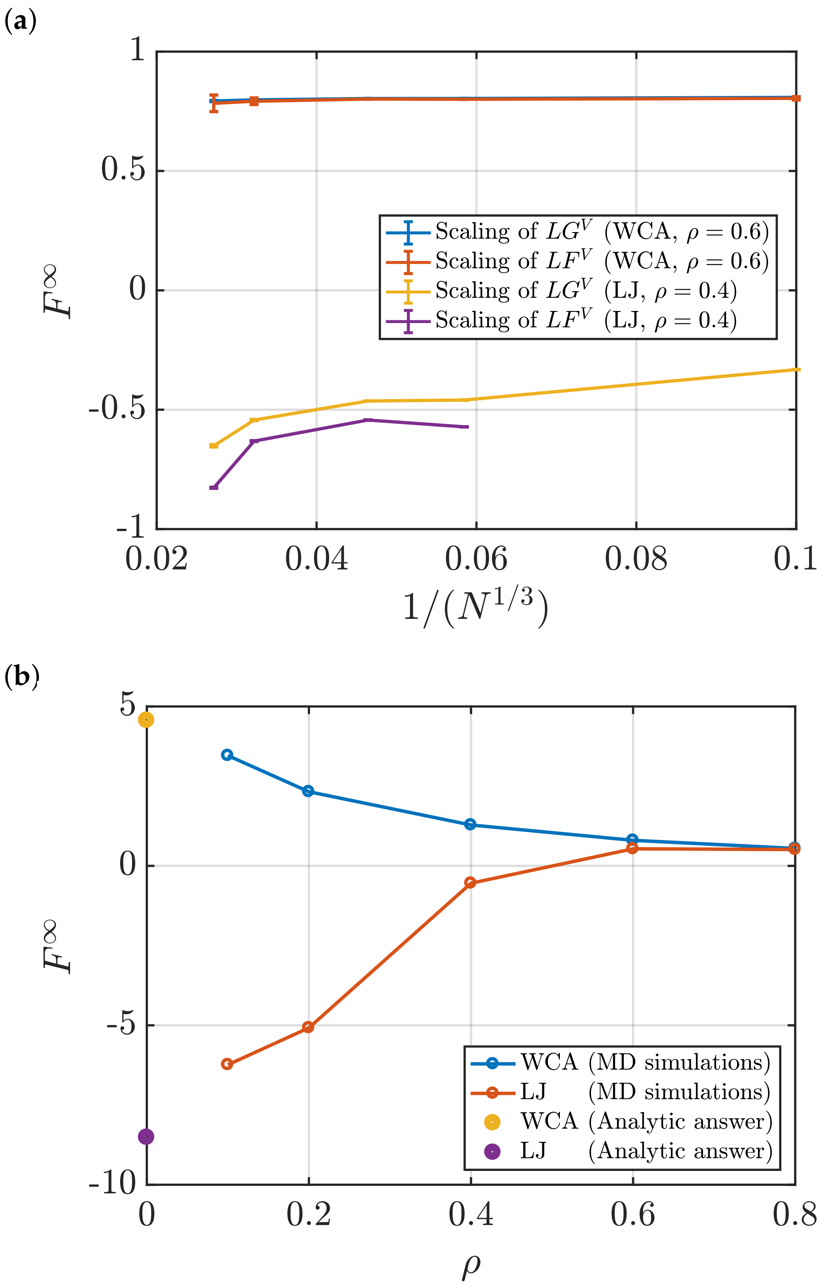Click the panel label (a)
[20, 23]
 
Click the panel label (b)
[21, 677]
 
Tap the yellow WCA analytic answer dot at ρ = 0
[146, 720]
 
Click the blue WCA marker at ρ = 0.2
[308, 791]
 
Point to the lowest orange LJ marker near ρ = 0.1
[227, 1064]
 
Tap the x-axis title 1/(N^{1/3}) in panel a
[475, 608]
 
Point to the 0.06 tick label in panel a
[476, 559]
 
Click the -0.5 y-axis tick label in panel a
[117, 410]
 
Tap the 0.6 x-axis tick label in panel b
[632, 1214]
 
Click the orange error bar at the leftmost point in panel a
[214, 102]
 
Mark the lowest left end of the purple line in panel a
[214, 488]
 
